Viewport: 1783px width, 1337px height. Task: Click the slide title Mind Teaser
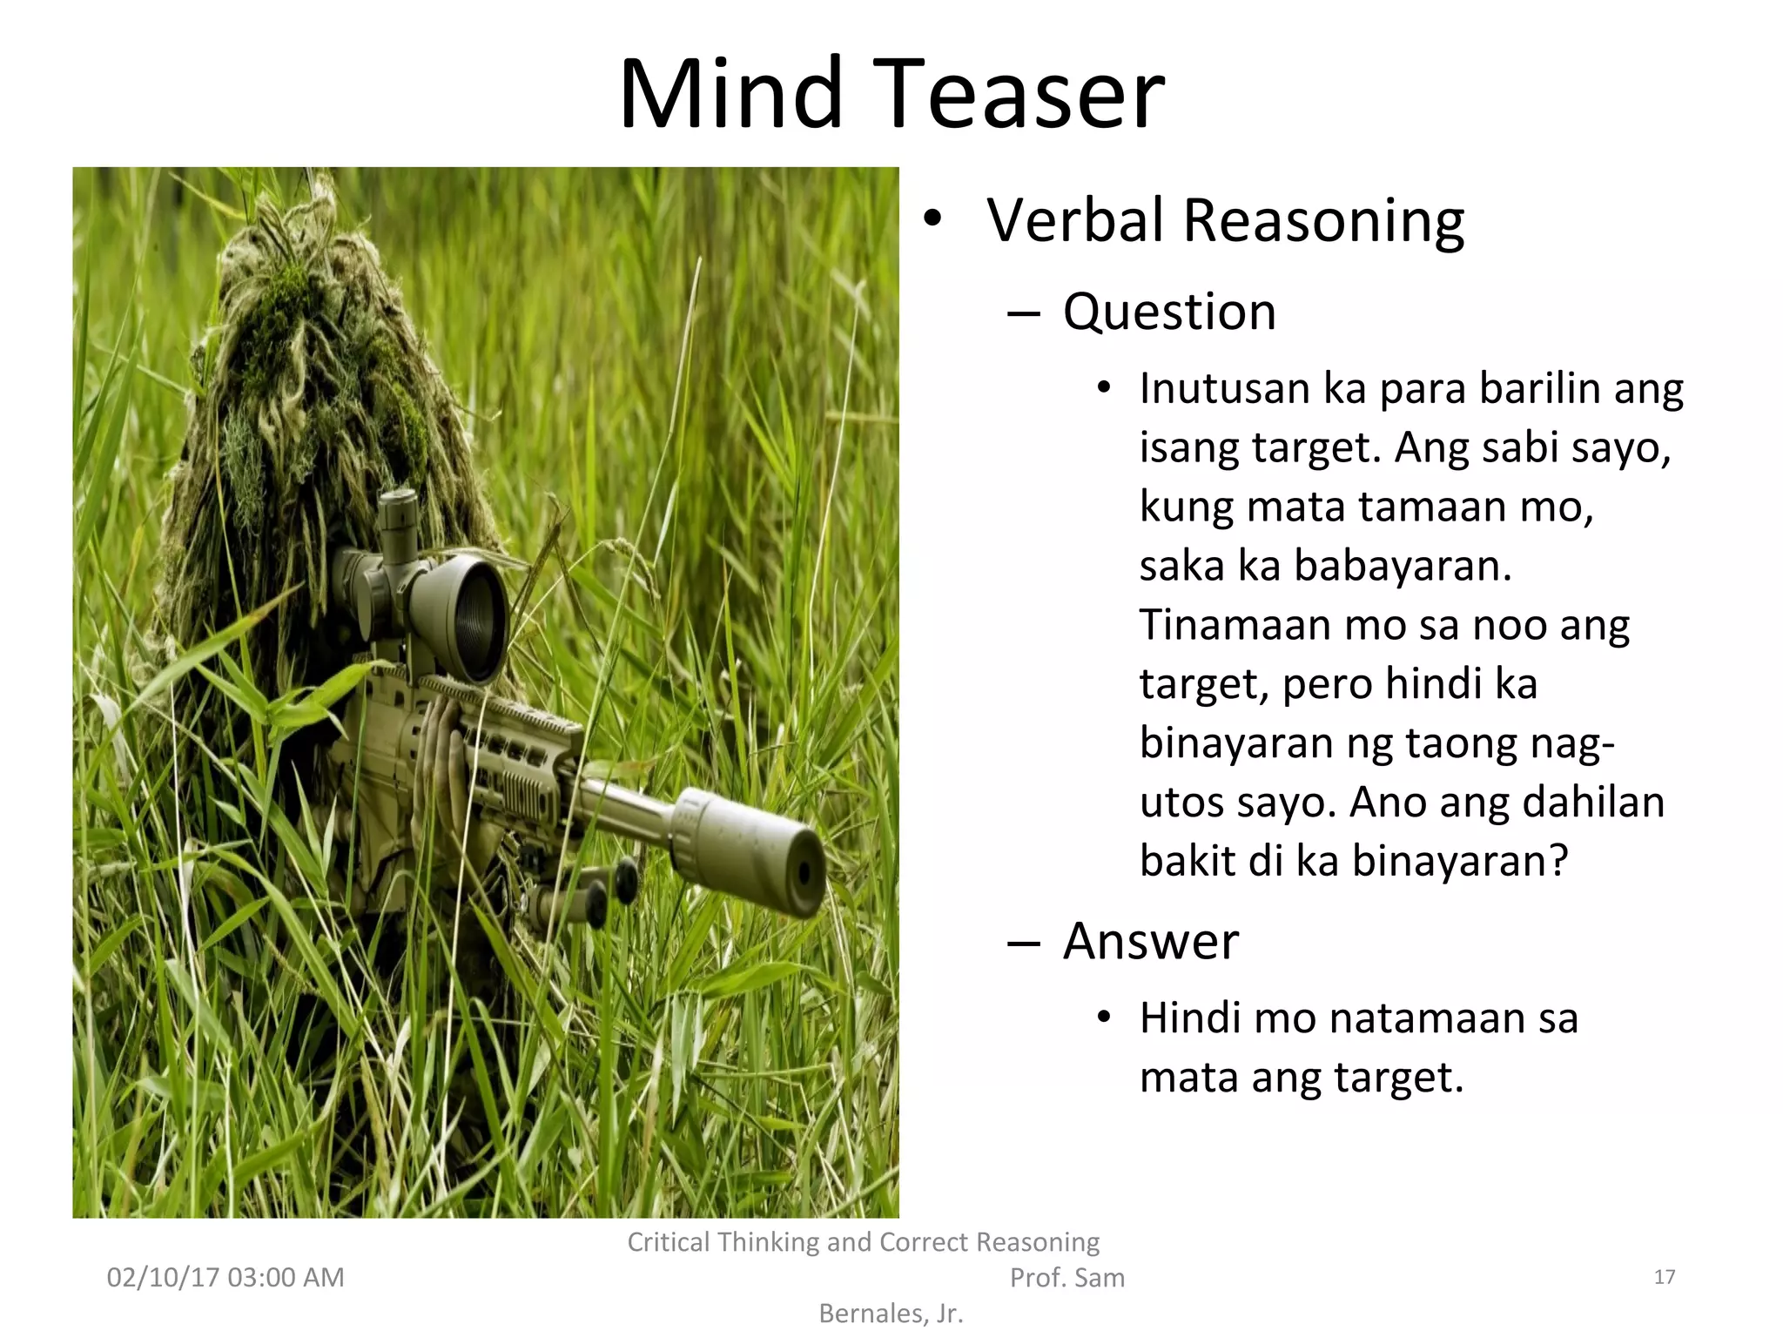click(x=891, y=93)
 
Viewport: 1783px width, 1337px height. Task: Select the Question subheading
click(x=1169, y=312)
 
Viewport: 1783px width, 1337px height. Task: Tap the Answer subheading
click(x=1150, y=941)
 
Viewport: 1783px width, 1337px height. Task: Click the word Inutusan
click(x=1224, y=388)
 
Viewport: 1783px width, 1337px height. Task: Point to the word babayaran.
click(x=1402, y=566)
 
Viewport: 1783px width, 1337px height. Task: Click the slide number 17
click(x=1664, y=1277)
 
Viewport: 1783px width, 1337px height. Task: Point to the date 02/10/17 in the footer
click(x=160, y=1278)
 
